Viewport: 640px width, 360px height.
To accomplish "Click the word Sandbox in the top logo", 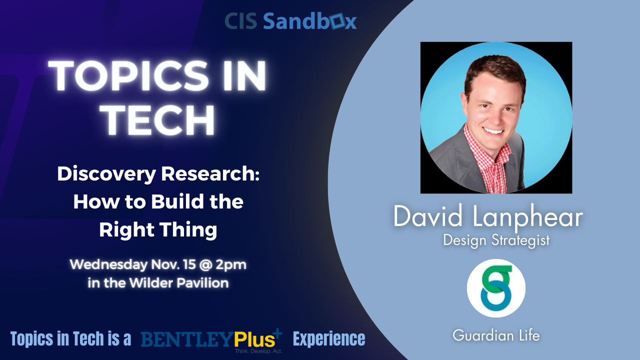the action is [309, 21].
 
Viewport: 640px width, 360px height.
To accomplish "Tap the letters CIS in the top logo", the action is [241, 21].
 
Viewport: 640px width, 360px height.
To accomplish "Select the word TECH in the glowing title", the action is [159, 119].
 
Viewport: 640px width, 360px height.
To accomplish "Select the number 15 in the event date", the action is [189, 264].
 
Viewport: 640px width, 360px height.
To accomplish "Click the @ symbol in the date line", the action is [205, 264].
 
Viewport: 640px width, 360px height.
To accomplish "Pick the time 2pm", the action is [231, 265].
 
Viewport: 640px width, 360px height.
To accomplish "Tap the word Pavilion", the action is [203, 283].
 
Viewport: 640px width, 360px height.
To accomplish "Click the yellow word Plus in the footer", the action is [254, 339].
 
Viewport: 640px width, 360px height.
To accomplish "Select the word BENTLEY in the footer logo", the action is [187, 339].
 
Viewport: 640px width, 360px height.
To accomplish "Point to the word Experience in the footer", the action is [329, 339].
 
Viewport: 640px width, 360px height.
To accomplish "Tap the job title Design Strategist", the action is [496, 240].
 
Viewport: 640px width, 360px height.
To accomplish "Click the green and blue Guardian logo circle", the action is [496, 288].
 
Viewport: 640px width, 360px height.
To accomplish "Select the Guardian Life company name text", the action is [496, 335].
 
